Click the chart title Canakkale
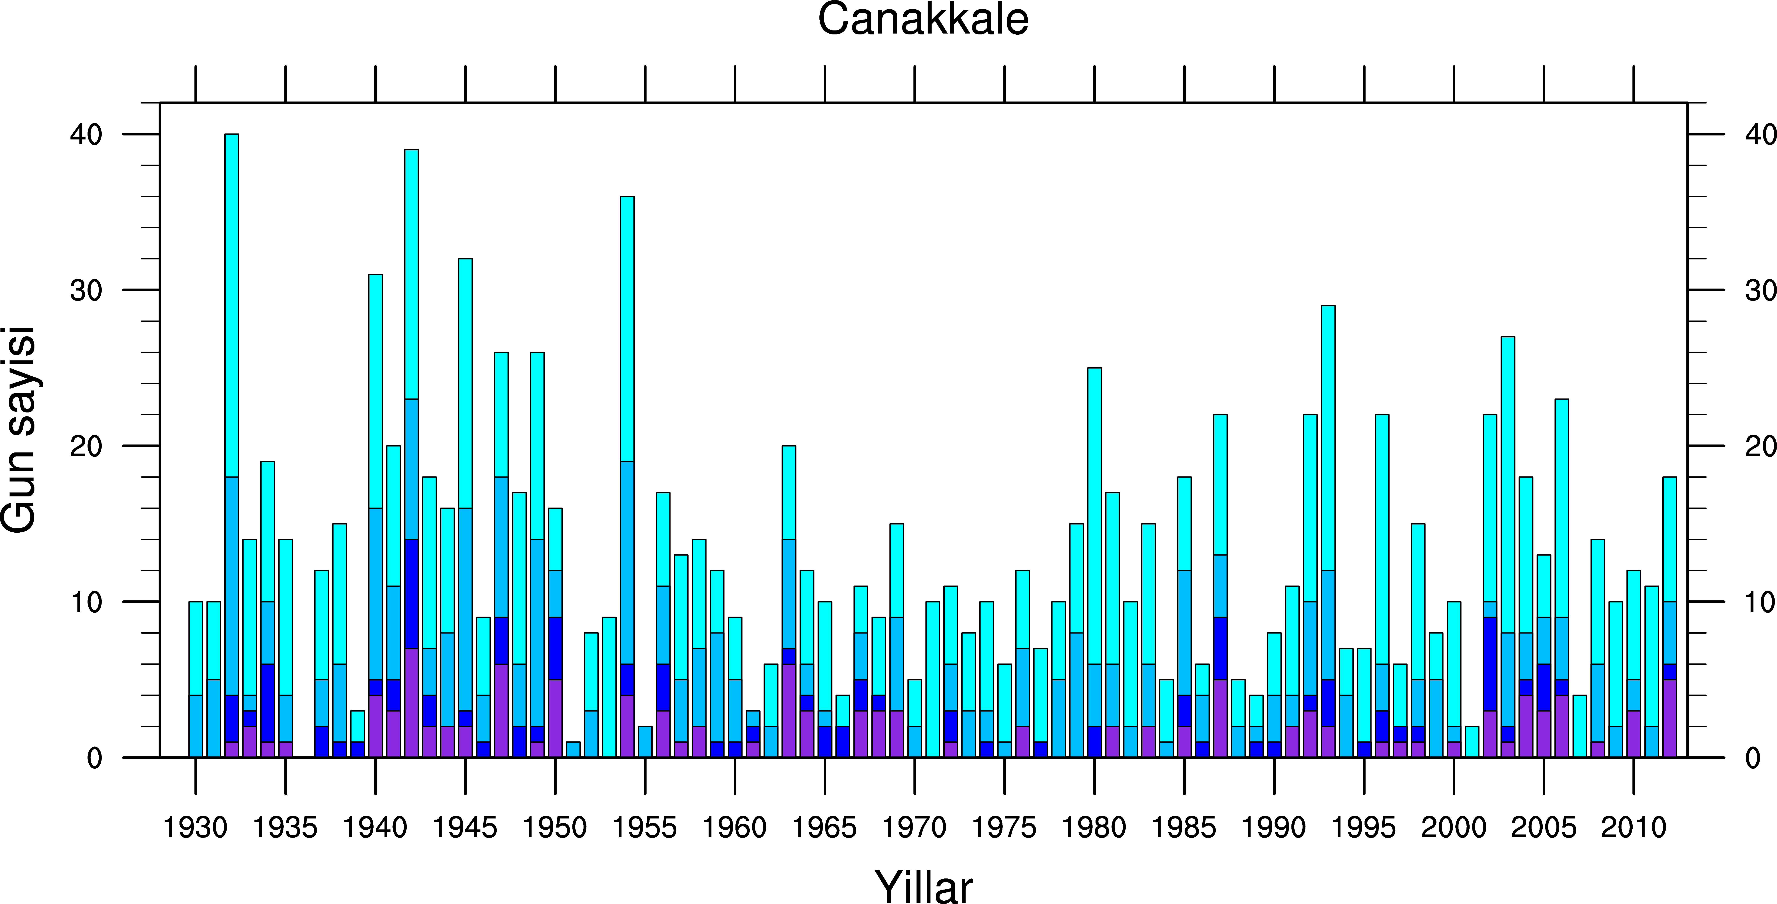[x=923, y=19]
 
